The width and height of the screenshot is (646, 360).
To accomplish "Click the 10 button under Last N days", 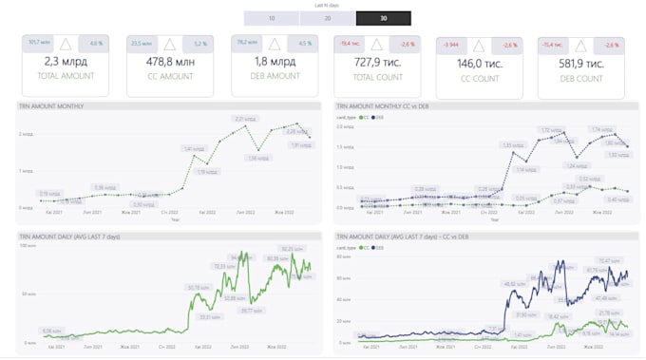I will point(271,18).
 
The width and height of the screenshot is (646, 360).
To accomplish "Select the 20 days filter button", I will point(327,18).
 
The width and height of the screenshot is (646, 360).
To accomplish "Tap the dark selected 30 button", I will point(383,18).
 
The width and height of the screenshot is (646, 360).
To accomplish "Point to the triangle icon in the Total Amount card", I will point(65,44).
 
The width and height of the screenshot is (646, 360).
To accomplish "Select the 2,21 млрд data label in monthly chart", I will point(244,119).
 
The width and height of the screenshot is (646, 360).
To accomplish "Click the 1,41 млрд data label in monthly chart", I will point(194,149).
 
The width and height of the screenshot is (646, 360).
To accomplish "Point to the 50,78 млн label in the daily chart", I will point(199,287).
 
